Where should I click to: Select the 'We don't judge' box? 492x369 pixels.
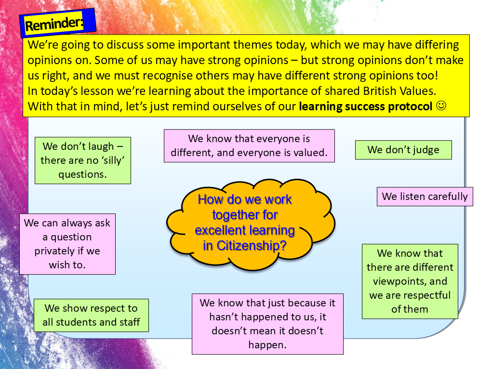click(403, 150)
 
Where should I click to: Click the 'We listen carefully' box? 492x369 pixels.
click(425, 197)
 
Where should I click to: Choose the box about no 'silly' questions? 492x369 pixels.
click(82, 160)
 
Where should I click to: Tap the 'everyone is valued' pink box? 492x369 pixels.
click(249, 146)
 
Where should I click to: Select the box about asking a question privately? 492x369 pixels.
click(67, 244)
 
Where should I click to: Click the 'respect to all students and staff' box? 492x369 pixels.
click(91, 315)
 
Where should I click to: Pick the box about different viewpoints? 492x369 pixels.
click(410, 281)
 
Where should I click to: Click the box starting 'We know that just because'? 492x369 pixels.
click(267, 324)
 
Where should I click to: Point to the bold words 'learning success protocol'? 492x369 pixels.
click(365, 106)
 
